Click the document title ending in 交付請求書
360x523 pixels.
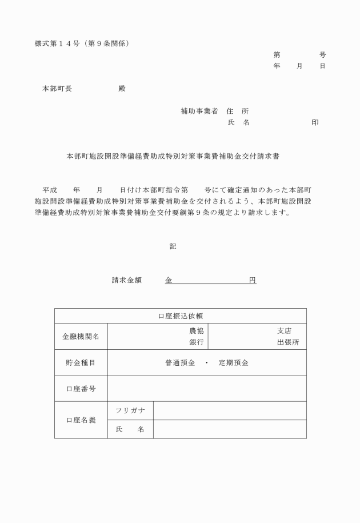pos(173,155)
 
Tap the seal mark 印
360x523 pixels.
pos(315,122)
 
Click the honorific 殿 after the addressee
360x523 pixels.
pos(121,89)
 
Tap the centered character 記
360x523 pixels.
pos(173,246)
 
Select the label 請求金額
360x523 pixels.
pos(126,281)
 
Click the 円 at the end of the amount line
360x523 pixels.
pos(252,281)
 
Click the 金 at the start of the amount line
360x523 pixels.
pos(169,281)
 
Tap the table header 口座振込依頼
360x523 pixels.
pos(180,316)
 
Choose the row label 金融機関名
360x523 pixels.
pos(81,336)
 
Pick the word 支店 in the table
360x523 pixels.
pos(284,331)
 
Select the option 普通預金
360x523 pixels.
pos(180,363)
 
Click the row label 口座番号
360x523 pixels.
pos(81,389)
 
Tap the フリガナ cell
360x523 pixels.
pos(130,410)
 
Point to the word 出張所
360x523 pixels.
pos(288,342)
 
